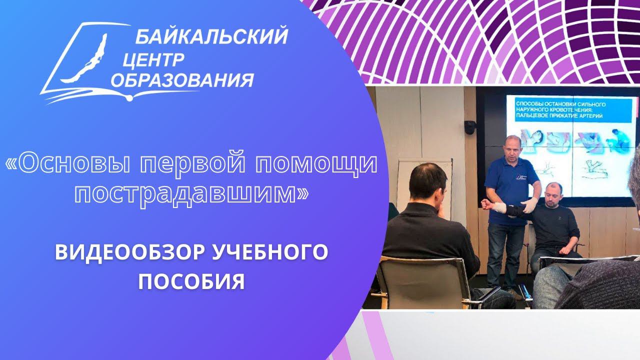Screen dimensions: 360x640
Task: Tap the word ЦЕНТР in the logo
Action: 152,60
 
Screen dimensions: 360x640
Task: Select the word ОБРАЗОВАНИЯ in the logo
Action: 182,80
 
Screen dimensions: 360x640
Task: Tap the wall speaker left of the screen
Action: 469,127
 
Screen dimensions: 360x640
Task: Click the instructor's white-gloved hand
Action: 529,204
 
